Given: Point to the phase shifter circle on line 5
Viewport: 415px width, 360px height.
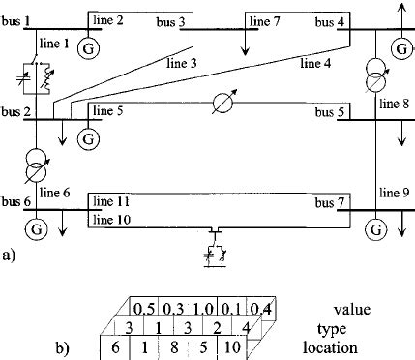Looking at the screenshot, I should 223,102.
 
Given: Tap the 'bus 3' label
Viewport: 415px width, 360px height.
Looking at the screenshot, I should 168,20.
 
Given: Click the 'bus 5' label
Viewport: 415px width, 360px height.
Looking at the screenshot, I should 329,111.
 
